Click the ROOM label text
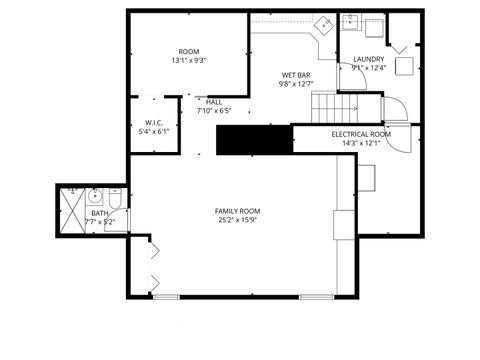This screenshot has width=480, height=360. click(x=190, y=51)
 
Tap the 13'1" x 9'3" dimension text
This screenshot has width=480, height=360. click(x=190, y=61)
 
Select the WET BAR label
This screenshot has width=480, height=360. click(x=295, y=75)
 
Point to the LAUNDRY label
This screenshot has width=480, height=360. click(x=369, y=59)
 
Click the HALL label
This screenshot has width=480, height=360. click(x=215, y=101)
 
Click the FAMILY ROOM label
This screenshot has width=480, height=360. click(x=237, y=211)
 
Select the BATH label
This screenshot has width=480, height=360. click(x=100, y=213)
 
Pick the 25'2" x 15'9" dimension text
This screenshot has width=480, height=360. click(x=237, y=221)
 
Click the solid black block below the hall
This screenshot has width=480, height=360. click(x=253, y=141)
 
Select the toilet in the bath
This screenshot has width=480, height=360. click(x=117, y=204)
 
